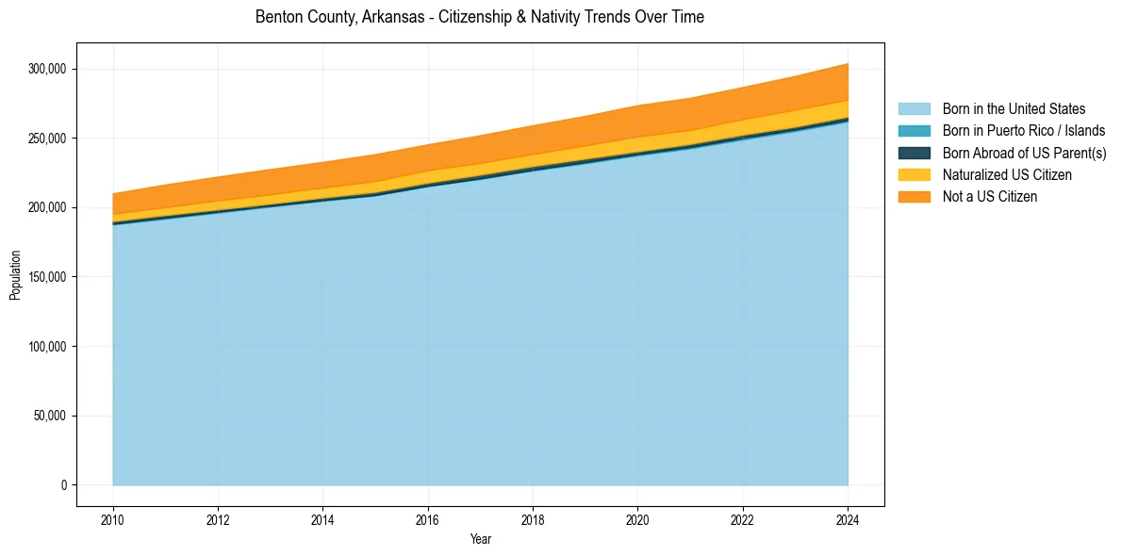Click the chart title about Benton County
pyautogui.click(x=480, y=17)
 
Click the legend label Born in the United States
pyautogui.click(x=1014, y=109)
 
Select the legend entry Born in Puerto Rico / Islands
pyautogui.click(x=1023, y=131)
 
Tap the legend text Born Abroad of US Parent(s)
pyautogui.click(x=1024, y=153)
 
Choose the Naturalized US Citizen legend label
pyautogui.click(x=1007, y=175)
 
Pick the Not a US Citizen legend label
pyautogui.click(x=989, y=197)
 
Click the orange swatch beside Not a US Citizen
pyautogui.click(x=914, y=197)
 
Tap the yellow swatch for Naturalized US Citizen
pyautogui.click(x=914, y=175)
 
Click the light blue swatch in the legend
pyautogui.click(x=914, y=109)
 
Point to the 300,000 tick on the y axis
pyautogui.click(x=47, y=69)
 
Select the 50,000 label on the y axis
pyautogui.click(x=50, y=416)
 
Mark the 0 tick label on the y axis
pyautogui.click(x=64, y=485)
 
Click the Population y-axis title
pyautogui.click(x=15, y=275)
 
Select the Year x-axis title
pyautogui.click(x=480, y=540)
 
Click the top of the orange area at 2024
pyautogui.click(x=848, y=64)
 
